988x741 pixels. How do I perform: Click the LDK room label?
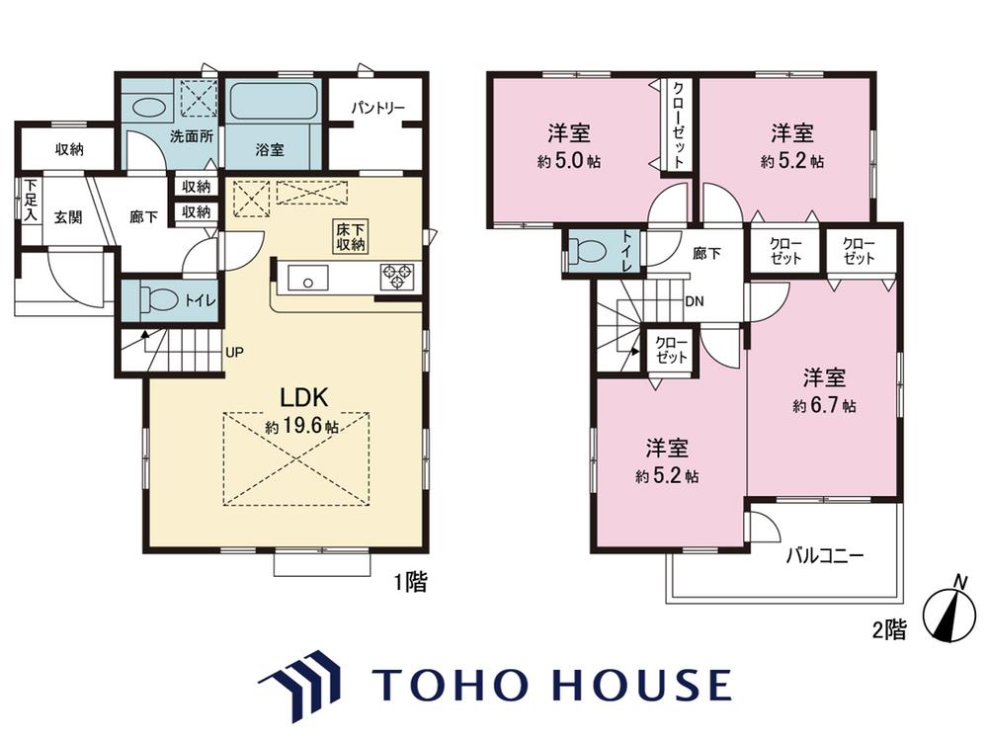click(303, 397)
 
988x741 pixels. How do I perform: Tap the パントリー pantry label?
click(377, 109)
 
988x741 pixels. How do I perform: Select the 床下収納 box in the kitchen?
click(351, 237)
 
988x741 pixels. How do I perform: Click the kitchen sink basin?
click(307, 278)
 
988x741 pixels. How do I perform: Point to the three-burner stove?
click(397, 277)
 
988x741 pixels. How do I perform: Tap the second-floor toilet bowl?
click(588, 251)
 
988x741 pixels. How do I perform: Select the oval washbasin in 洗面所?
click(148, 108)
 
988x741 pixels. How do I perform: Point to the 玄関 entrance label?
click(68, 218)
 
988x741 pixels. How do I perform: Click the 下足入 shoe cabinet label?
click(31, 201)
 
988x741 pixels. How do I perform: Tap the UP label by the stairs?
click(234, 353)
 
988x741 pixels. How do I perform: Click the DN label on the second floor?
click(695, 301)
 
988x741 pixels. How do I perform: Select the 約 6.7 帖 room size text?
click(824, 405)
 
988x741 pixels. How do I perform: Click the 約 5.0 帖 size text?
click(569, 161)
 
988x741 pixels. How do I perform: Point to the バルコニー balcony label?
click(824, 555)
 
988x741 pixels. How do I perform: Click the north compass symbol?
click(947, 614)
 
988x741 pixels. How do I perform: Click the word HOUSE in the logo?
click(642, 685)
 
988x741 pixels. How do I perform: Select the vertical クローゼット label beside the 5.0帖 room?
click(679, 124)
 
